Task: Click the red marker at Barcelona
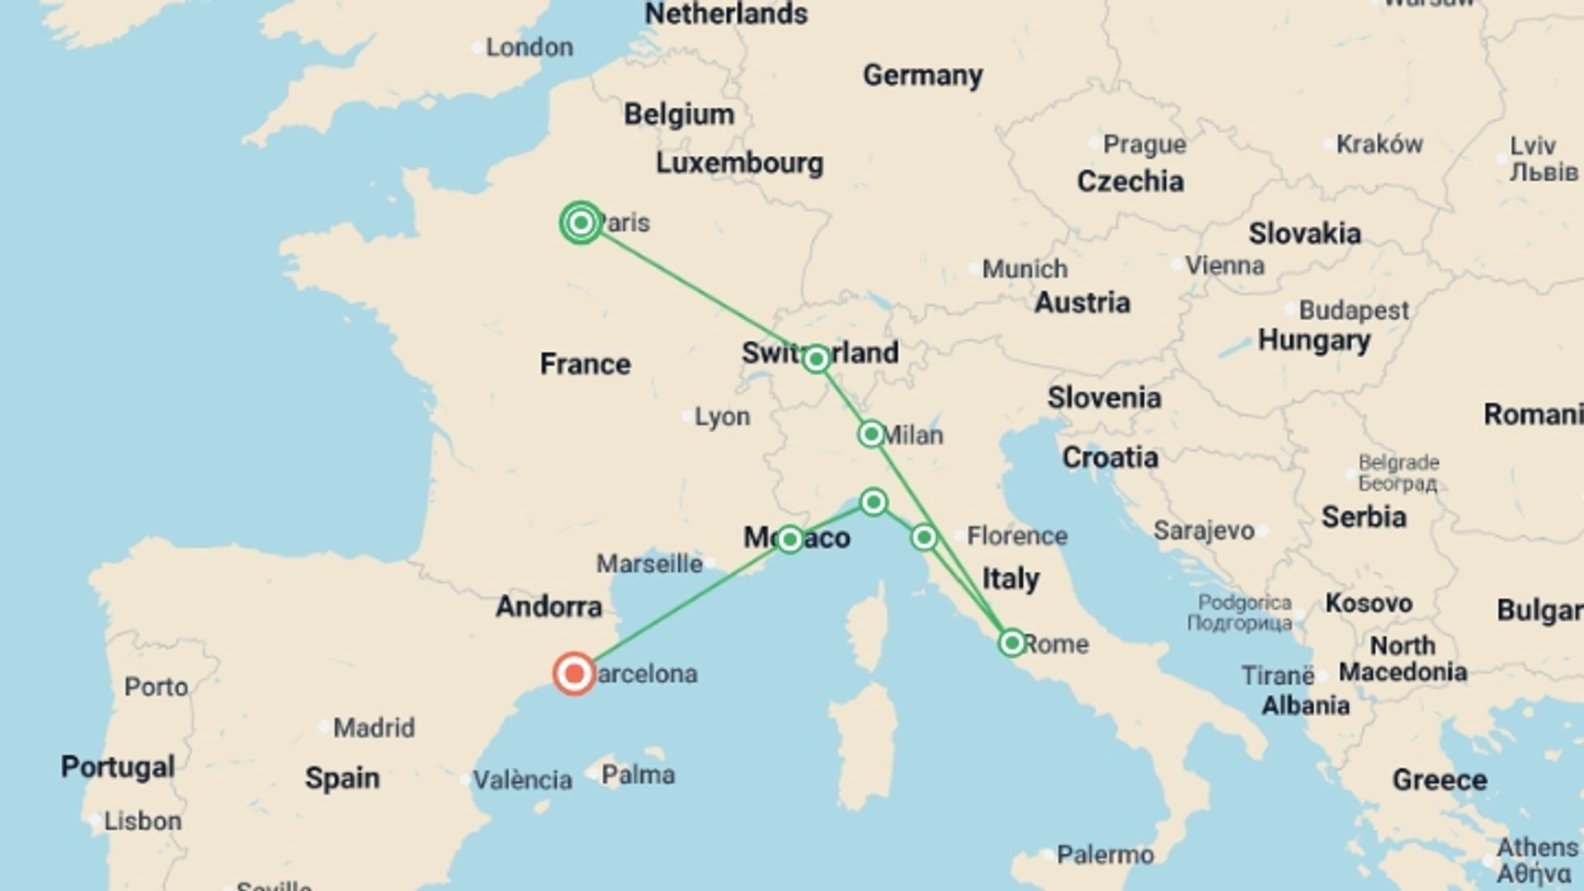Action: coord(574,674)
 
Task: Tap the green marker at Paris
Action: coord(581,223)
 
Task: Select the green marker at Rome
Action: coord(1012,643)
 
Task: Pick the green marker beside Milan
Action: coord(871,434)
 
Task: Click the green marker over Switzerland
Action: coord(816,359)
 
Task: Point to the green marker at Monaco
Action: coord(790,540)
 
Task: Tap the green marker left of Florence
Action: coord(924,538)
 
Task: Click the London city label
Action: coord(529,48)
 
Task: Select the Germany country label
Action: coord(922,76)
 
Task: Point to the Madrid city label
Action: coord(374,728)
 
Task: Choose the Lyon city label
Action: coord(722,417)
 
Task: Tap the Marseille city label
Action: coord(649,564)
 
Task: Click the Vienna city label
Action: coord(1224,266)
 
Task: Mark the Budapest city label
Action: coord(1354,310)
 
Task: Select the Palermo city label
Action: coord(1105,855)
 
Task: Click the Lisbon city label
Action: coord(142,821)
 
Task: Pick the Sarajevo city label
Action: coord(1204,530)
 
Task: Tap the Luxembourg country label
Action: coord(739,163)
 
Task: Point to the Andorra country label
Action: coord(549,607)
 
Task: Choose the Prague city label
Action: coord(1144,144)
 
